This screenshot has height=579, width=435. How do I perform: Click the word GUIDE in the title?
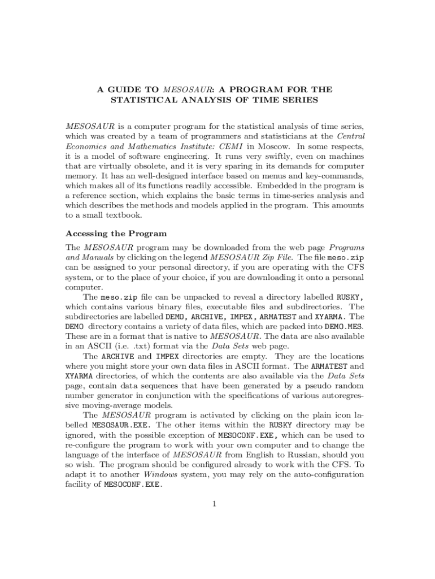[x=120, y=89]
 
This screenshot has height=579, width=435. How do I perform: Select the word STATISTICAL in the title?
[x=141, y=100]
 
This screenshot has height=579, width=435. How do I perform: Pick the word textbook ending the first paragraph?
[x=128, y=215]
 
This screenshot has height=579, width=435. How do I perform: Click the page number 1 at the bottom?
[x=215, y=504]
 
